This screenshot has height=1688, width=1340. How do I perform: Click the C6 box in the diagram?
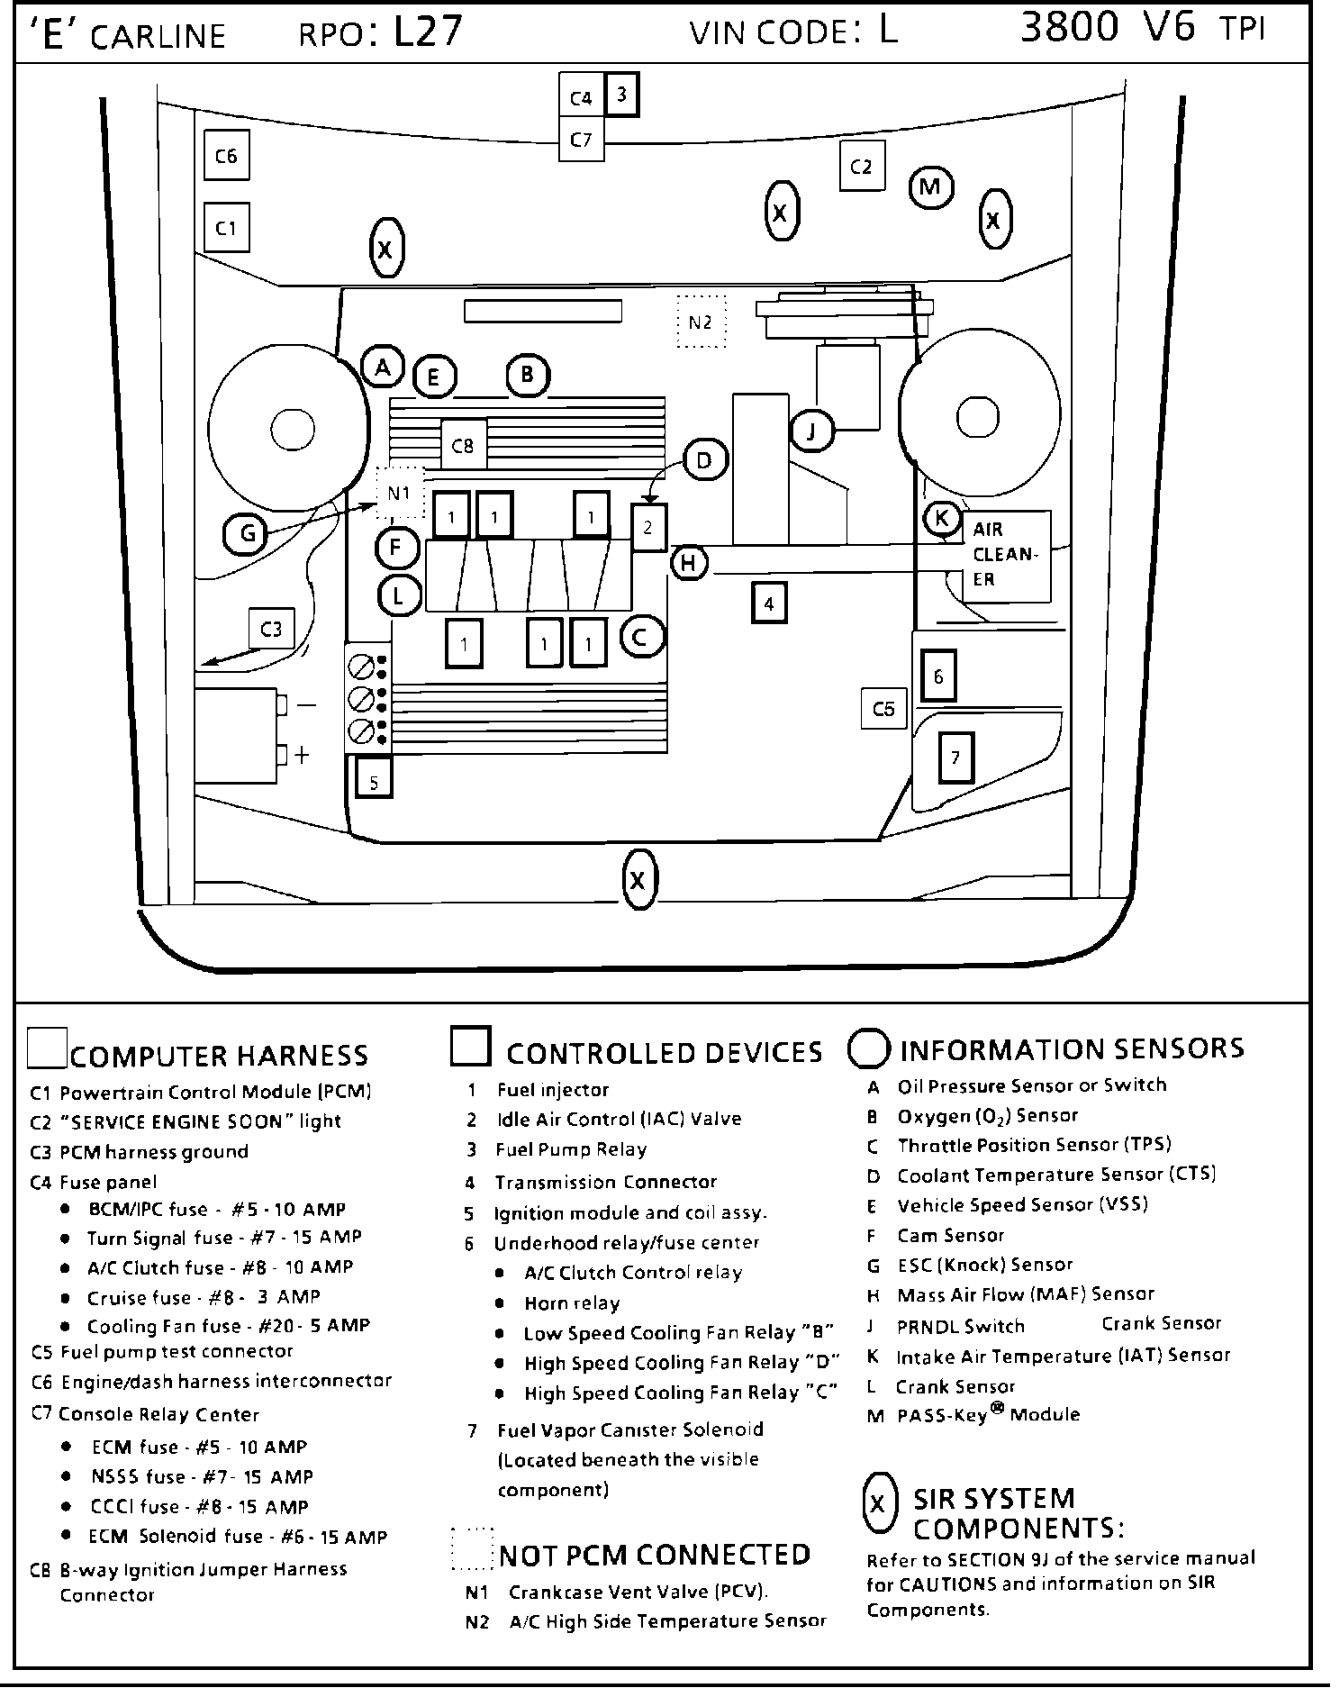(226, 156)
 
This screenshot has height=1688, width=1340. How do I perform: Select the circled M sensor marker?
(930, 187)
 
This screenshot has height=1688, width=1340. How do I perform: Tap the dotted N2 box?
(700, 322)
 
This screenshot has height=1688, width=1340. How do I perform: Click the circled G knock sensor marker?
(246, 534)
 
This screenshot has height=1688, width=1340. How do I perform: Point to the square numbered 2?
(648, 528)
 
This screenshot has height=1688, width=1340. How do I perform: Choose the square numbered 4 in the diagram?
(768, 604)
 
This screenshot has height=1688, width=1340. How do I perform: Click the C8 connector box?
(463, 445)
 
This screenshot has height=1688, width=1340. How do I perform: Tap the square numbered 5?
(374, 781)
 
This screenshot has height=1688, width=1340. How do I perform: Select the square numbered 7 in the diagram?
(955, 757)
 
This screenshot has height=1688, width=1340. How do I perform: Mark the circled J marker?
(812, 432)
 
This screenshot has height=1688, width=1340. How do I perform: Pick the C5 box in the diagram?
(883, 709)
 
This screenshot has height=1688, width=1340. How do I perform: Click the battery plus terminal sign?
(302, 755)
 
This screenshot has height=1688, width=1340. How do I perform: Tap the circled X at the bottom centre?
(638, 880)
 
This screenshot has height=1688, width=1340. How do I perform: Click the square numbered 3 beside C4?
(621, 94)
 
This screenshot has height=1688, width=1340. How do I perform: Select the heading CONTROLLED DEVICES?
(664, 1053)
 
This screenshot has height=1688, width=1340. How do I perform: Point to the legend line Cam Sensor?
(950, 1236)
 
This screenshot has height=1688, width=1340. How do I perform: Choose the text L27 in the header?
(429, 32)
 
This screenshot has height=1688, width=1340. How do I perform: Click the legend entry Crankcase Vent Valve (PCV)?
(638, 1592)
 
